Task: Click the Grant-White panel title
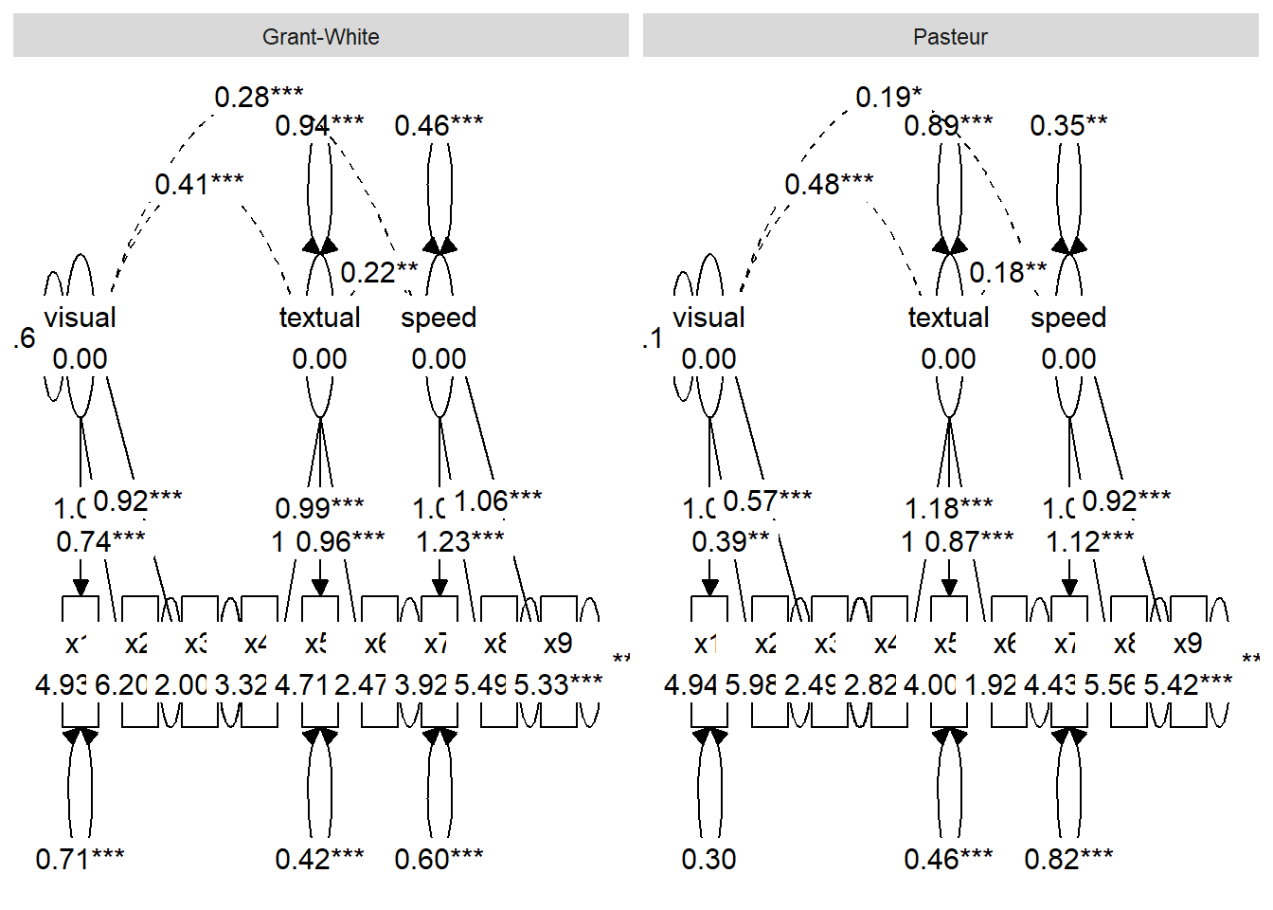[320, 37]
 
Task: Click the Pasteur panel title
[950, 37]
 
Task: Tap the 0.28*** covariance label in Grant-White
[259, 97]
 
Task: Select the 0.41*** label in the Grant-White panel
[199, 184]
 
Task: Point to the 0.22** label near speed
[379, 273]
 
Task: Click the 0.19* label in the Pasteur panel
[888, 97]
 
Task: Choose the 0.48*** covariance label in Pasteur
[829, 184]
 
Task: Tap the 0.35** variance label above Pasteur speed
[1068, 125]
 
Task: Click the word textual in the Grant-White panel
[319, 318]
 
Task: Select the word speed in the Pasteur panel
[1068, 318]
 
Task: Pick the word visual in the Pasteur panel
[708, 318]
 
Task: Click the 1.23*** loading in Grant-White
[459, 542]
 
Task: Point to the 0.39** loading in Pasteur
[730, 542]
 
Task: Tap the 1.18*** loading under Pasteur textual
[948, 509]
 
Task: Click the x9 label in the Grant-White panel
[558, 644]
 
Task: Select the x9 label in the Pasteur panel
[1188, 644]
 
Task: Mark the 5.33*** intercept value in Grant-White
[558, 684]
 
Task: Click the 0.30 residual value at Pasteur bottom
[708, 860]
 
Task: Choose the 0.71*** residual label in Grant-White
[80, 860]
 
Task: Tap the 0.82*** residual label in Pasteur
[1068, 860]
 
